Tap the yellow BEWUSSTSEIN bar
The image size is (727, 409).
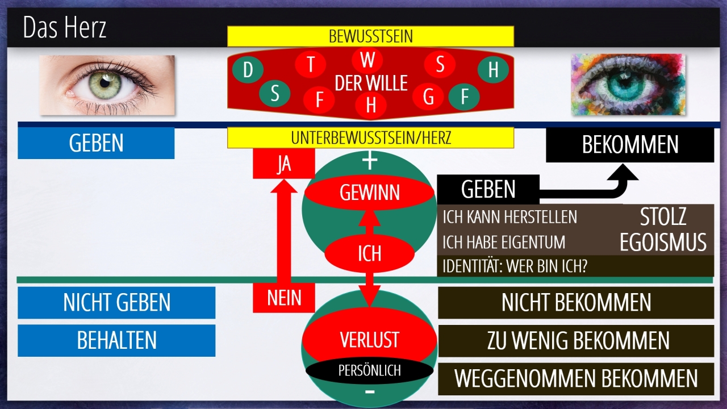pyautogui.click(x=370, y=36)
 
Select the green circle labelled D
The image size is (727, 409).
pyautogui.click(x=248, y=70)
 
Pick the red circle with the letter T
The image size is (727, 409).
pyautogui.click(x=311, y=64)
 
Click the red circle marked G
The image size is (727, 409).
pyautogui.click(x=428, y=98)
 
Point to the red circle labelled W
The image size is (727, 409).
pyautogui.click(x=368, y=60)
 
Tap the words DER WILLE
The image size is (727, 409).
pyautogui.click(x=371, y=84)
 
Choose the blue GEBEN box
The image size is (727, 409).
pyautogui.click(x=96, y=143)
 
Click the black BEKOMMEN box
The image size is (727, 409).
pyautogui.click(x=630, y=145)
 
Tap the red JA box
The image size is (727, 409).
pyautogui.click(x=283, y=164)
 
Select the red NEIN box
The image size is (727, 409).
pyautogui.click(x=283, y=297)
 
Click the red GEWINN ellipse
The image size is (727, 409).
pyautogui.click(x=370, y=193)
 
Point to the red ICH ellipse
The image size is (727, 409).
pyautogui.click(x=369, y=253)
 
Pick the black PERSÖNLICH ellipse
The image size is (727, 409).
pyautogui.click(x=369, y=371)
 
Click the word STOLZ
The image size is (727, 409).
pyautogui.click(x=663, y=216)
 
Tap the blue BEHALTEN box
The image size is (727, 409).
pyautogui.click(x=116, y=340)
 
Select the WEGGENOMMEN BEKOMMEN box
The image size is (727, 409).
pyautogui.click(x=576, y=379)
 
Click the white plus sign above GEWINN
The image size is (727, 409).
pyautogui.click(x=370, y=161)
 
